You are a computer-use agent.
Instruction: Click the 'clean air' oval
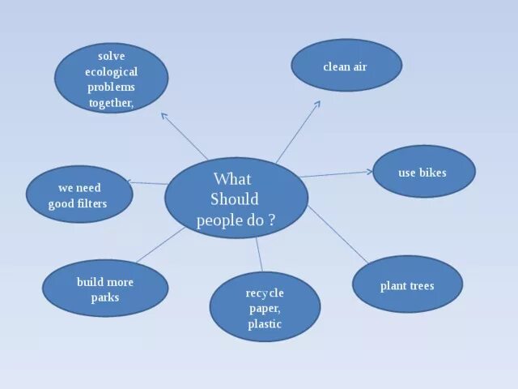(x=346, y=66)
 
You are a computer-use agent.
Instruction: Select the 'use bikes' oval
(x=423, y=172)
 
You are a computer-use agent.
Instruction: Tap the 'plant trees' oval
(x=407, y=285)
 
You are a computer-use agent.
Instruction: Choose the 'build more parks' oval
(x=105, y=289)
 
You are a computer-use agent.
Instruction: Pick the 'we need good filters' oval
(x=78, y=195)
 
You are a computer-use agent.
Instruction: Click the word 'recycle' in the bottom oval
(x=265, y=292)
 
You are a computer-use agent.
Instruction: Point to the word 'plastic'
(x=265, y=324)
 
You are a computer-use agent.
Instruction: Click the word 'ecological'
(x=112, y=72)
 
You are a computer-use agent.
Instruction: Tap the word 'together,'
(x=111, y=102)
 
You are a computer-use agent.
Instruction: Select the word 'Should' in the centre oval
(x=235, y=199)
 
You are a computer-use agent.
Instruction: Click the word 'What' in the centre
(x=232, y=179)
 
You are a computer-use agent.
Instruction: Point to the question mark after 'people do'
(x=272, y=220)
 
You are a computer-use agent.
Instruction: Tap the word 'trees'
(x=421, y=286)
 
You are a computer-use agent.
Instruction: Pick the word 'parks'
(x=105, y=297)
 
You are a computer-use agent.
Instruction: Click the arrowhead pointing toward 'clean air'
(x=317, y=104)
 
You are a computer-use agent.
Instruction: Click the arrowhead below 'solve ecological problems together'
(x=164, y=115)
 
